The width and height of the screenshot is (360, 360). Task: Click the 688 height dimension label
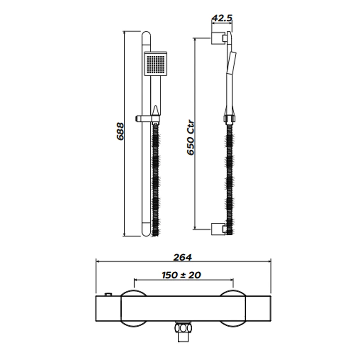pyautogui.click(x=120, y=131)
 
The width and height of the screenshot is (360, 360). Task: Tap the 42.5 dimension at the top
pyautogui.click(x=222, y=18)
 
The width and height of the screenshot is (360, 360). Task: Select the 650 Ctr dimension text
pyautogui.click(x=191, y=138)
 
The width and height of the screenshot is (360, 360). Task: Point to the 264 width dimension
pyautogui.click(x=183, y=257)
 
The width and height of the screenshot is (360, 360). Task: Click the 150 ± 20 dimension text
pyautogui.click(x=181, y=275)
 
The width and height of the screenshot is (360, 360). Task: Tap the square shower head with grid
pyautogui.click(x=155, y=63)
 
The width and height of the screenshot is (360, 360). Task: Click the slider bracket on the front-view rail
pyautogui.click(x=147, y=118)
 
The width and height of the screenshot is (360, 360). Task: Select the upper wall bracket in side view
pyautogui.click(x=218, y=38)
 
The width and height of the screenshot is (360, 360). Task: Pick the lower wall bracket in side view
pyautogui.click(x=218, y=229)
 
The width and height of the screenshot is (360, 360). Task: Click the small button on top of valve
pyautogui.click(x=108, y=294)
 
